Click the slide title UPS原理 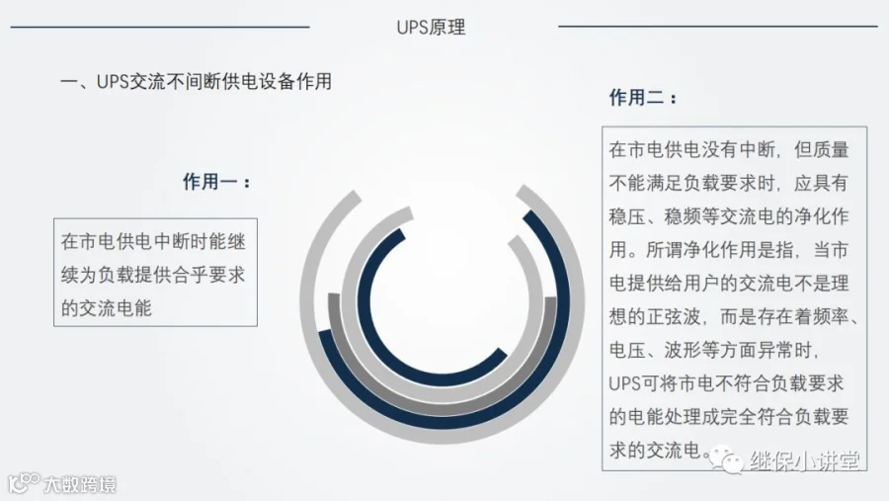click(431, 28)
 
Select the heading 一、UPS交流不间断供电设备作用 click(196, 82)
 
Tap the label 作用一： click(216, 182)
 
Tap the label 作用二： click(643, 98)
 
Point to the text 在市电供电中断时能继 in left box click(153, 241)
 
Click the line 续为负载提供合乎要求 click(153, 275)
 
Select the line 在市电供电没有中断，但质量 click(729, 150)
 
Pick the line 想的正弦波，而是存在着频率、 click(735, 316)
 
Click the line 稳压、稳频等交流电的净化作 click(729, 216)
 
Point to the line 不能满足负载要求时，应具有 click(729, 184)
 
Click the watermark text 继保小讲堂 click(804, 461)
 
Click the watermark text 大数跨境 click(78, 484)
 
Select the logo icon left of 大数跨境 click(22, 483)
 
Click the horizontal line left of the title click(159, 27)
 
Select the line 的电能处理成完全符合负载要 click(729, 417)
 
